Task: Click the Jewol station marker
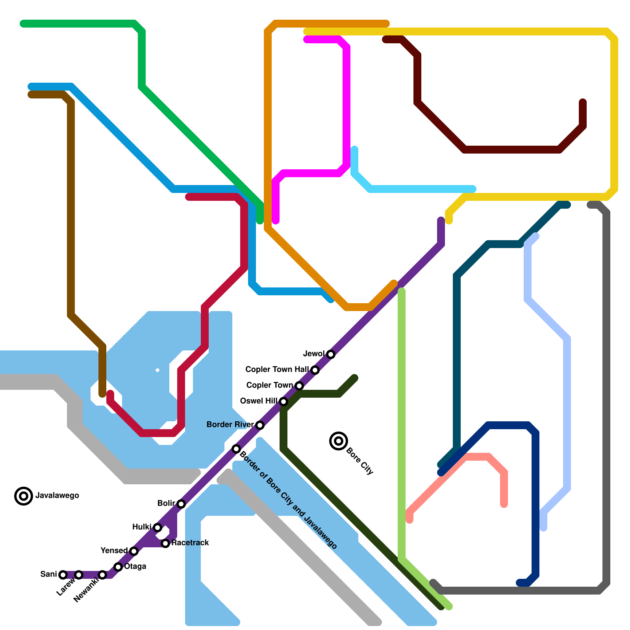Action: [x=331, y=354]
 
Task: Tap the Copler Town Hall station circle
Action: [x=315, y=370]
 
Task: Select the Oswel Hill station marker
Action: [x=283, y=402]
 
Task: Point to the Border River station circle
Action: [x=260, y=425]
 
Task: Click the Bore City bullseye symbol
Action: [x=339, y=441]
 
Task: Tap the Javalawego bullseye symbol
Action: [x=24, y=496]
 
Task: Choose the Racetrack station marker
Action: [x=166, y=543]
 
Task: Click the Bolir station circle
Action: [x=181, y=504]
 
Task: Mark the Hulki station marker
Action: [x=157, y=528]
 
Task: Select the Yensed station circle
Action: [x=134, y=551]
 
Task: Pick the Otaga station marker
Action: [x=118, y=567]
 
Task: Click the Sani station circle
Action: [x=63, y=575]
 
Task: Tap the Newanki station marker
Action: [x=102, y=575]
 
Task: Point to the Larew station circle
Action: [x=79, y=575]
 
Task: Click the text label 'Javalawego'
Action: [x=57, y=496]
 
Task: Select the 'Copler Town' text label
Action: [x=270, y=385]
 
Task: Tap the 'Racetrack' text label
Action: [x=190, y=543]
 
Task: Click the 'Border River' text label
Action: [x=230, y=424]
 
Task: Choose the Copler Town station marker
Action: [x=299, y=386]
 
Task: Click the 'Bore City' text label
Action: [x=359, y=461]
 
